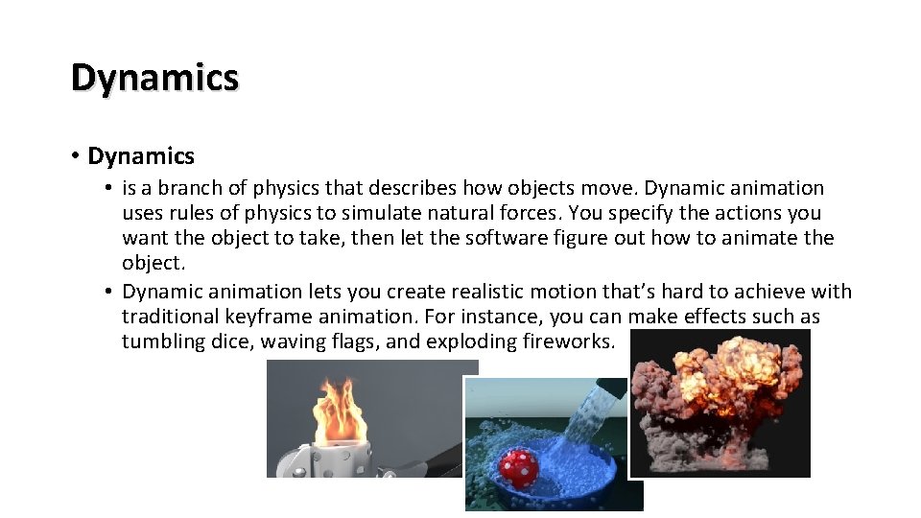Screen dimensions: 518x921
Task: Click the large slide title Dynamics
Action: click(x=154, y=78)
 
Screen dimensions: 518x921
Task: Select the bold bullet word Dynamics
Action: click(x=140, y=156)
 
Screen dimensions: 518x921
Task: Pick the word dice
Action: click(x=225, y=341)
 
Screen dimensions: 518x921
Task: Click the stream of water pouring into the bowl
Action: click(x=585, y=422)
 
